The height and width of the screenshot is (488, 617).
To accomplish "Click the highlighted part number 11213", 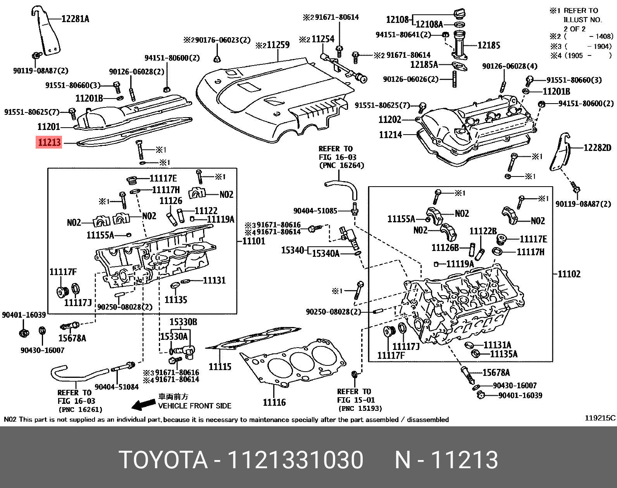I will point(49,142).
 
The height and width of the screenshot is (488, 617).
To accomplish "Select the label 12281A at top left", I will point(75,18).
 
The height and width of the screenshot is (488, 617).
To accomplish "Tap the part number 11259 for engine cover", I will point(277,45).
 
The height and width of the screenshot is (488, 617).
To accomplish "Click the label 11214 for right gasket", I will point(390,135).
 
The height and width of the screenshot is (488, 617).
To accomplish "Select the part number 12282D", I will point(597,147).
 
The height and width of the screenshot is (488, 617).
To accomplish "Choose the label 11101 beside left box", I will point(254,241).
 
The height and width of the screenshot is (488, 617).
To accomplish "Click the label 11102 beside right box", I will point(569,274).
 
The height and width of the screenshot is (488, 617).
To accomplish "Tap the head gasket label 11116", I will point(274,402).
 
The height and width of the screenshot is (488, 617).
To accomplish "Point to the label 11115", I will point(220,366).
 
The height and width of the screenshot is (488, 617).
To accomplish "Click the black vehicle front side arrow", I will point(143,405).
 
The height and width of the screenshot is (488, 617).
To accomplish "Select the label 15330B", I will point(183,322).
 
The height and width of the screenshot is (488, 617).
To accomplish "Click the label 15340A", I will point(326,254).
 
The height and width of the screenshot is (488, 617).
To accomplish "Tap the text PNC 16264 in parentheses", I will point(341,166).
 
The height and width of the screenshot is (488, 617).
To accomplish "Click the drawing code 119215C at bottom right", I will point(600,418).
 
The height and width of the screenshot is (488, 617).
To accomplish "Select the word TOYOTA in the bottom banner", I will point(164,460).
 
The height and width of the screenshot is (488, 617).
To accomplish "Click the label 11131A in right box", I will point(498,345).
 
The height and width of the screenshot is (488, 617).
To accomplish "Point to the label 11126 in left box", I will point(171,201).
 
